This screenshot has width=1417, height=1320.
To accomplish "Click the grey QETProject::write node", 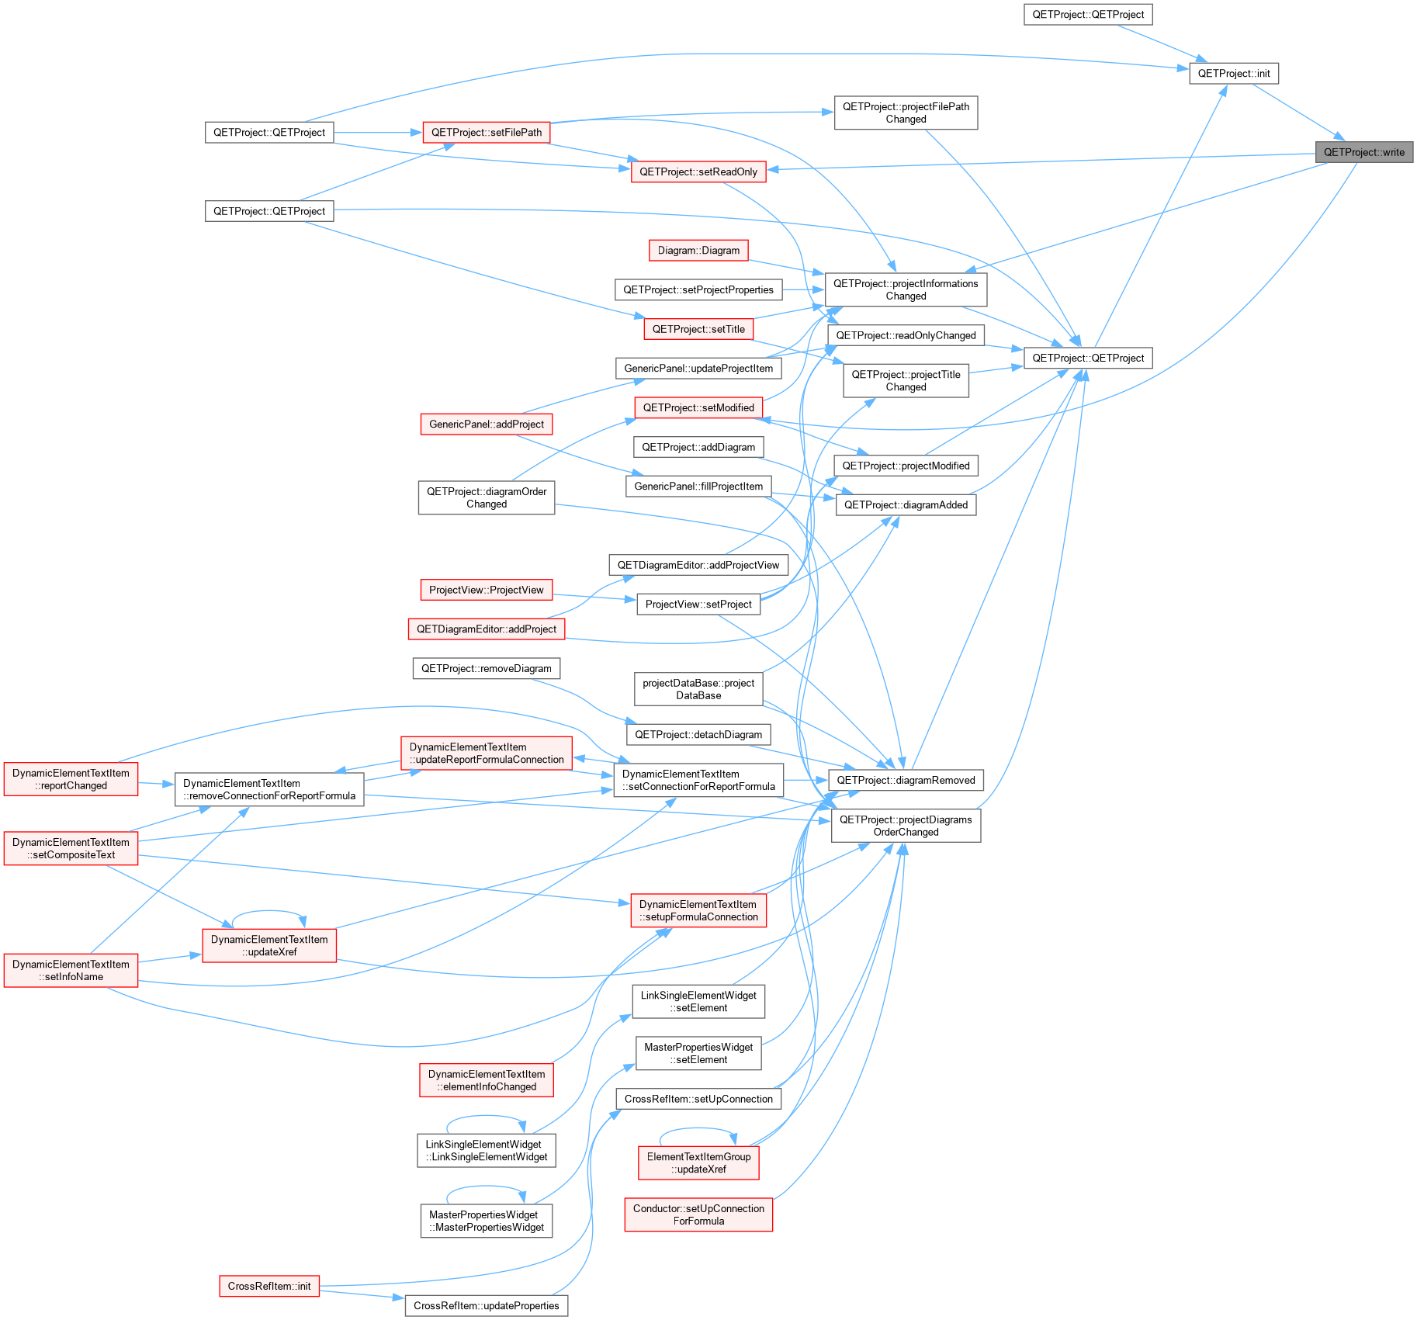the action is point(1364,152).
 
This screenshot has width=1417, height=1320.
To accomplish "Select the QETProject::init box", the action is point(1234,74).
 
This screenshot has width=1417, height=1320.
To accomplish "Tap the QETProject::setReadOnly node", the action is point(698,172).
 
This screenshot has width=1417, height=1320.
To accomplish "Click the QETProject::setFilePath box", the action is point(487,133).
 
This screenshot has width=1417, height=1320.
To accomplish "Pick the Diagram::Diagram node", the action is point(698,251).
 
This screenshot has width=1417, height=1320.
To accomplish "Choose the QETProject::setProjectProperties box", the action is point(698,290).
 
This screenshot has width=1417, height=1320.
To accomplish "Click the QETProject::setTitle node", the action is point(698,329).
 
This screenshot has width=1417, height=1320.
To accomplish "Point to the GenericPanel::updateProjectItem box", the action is point(698,369).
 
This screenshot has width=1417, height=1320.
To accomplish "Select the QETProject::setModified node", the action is point(698,408).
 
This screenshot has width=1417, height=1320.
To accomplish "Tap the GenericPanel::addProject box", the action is point(487,424).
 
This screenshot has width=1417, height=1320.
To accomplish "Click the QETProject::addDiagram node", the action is point(698,448).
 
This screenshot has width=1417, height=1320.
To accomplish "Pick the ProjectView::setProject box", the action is point(698,605).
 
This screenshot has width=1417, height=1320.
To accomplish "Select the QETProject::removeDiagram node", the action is point(487,669).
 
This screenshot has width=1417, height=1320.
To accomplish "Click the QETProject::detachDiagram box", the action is point(698,735).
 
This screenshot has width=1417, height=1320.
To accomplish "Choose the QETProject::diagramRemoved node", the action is point(906,781).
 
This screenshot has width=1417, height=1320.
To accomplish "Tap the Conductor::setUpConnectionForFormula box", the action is point(698,1215).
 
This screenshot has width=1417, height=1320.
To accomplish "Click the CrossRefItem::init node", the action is point(269,1287).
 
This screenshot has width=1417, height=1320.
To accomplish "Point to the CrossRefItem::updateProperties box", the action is point(487,1306).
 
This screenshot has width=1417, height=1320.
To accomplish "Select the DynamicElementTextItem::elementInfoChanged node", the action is point(487,1081).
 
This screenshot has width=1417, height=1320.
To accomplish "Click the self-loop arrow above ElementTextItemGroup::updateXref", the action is point(698,1130).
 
